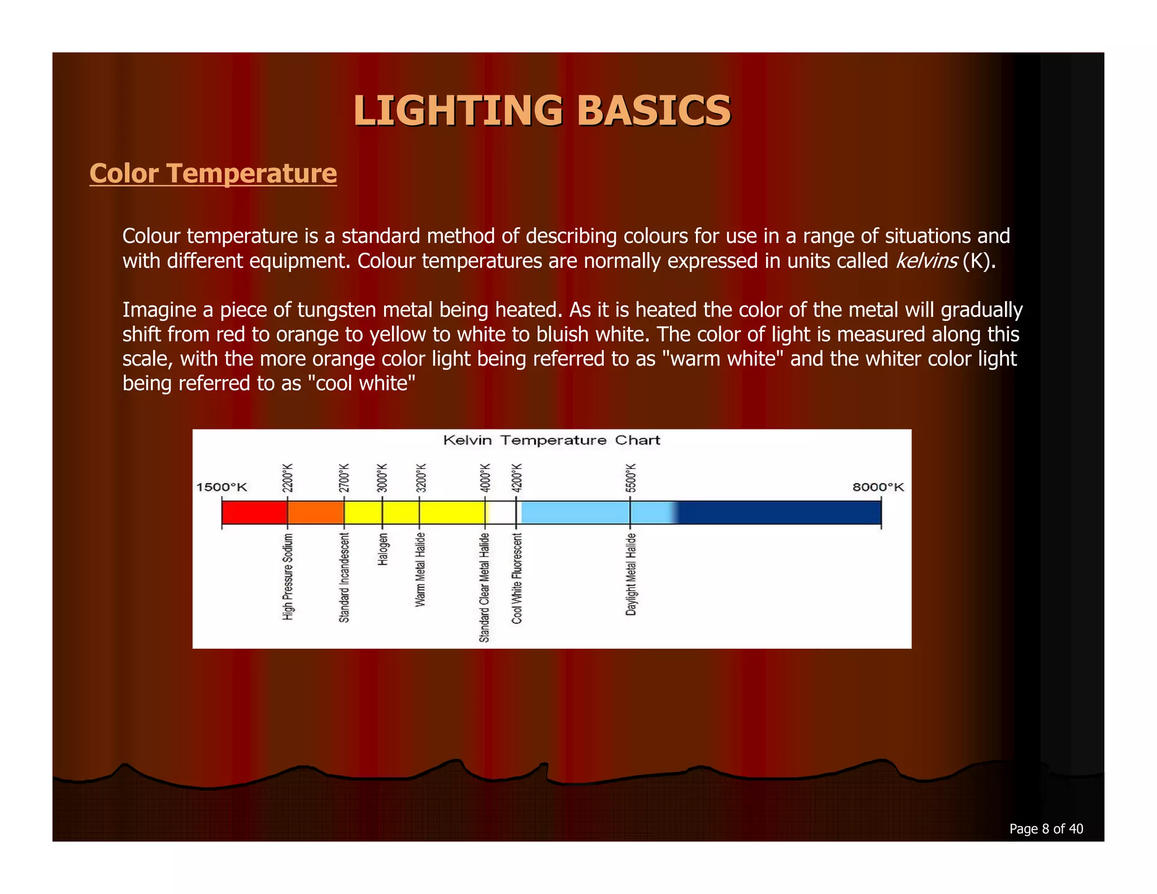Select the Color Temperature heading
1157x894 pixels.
point(213,173)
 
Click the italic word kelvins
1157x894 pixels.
point(926,261)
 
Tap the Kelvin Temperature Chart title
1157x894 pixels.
point(551,440)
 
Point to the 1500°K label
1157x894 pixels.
point(221,487)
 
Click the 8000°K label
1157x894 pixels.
point(878,487)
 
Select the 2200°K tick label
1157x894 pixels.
point(288,478)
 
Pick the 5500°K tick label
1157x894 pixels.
point(630,478)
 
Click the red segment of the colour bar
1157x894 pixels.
point(254,513)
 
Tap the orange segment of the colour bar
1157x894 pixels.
point(316,513)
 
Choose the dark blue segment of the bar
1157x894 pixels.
point(780,513)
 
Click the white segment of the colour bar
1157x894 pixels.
point(501,513)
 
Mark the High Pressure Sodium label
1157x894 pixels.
point(288,576)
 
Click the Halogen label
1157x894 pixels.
point(382,549)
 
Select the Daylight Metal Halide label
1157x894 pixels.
point(631,574)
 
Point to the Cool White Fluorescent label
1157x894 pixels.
point(517,578)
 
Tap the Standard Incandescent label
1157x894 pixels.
point(344,578)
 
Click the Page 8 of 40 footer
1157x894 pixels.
point(1046,828)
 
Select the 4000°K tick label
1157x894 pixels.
point(485,478)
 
